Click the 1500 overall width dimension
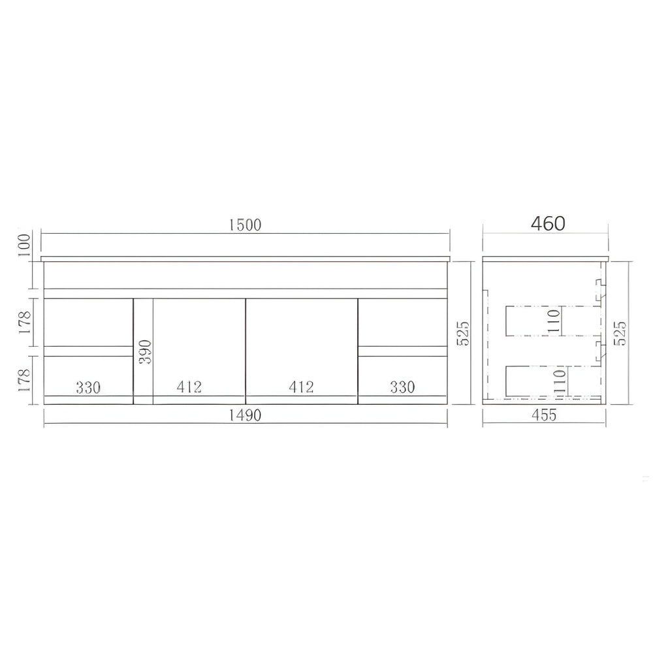tap(246, 225)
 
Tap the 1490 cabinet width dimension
tap(246, 415)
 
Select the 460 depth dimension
tap(548, 223)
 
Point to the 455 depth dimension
tap(544, 415)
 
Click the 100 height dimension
tap(24, 245)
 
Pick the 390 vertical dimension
tap(144, 352)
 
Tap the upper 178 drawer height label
tap(24, 322)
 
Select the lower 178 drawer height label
tap(24, 380)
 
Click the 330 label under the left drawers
tap(88, 387)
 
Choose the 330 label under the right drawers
tap(402, 387)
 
